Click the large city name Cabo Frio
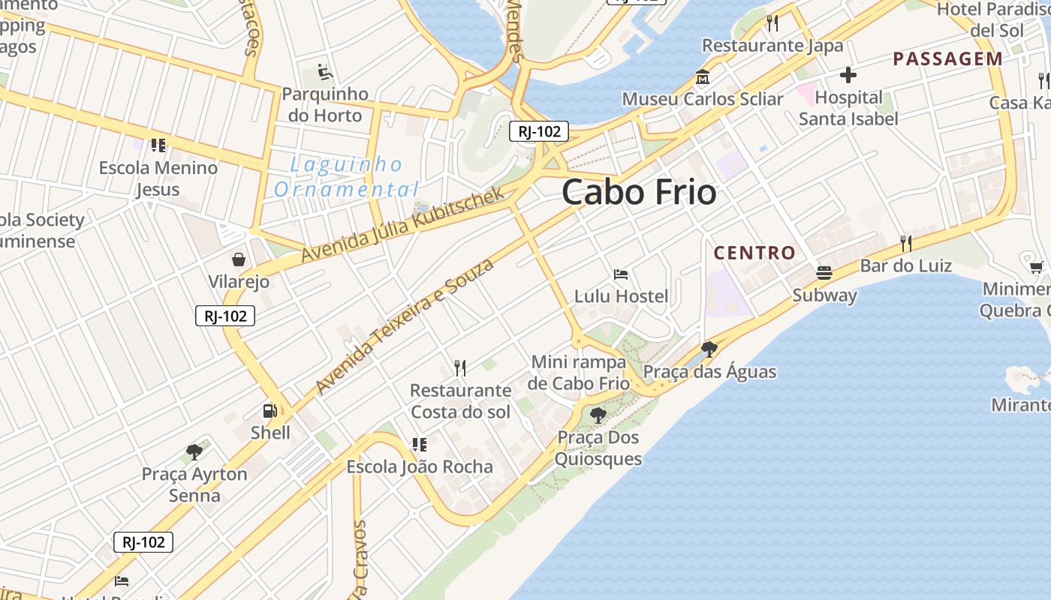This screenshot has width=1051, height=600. pos(639,193)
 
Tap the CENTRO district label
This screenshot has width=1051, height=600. pos(754,253)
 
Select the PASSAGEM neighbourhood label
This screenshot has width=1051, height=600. pos(947,59)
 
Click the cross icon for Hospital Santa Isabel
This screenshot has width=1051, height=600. pos(848,75)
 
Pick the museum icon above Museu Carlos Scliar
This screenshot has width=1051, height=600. pos(703,77)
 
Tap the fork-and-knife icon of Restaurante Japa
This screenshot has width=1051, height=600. pos(772,23)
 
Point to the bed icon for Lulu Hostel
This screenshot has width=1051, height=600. pos(621,274)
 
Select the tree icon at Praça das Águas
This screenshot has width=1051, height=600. pos(709,349)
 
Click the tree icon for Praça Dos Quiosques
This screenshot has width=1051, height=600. pos(598,415)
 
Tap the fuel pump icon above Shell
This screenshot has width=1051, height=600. pos(270,410)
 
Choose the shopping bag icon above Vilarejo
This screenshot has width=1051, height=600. pos(238,259)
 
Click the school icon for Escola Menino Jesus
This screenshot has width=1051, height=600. pos(158,145)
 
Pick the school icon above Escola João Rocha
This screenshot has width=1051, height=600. pos(419,444)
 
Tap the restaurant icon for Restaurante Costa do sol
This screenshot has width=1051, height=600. pos(460,367)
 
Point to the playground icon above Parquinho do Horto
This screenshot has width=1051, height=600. pos(324,72)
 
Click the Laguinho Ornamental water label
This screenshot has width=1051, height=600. pos(346,176)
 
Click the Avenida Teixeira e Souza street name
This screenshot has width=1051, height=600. pos(405,326)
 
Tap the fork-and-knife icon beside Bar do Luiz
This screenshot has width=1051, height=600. pos(906,243)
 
